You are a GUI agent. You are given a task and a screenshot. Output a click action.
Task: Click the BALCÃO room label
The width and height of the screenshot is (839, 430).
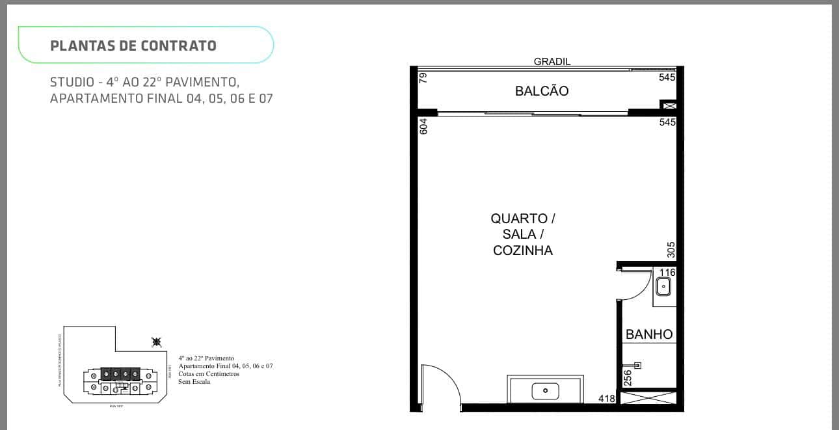541,91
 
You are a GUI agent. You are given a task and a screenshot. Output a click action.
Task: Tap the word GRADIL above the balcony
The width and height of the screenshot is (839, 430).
552,62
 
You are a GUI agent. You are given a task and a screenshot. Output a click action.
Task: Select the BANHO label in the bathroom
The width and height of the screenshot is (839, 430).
648,334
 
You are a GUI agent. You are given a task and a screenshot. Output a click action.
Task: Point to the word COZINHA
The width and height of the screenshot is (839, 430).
522,250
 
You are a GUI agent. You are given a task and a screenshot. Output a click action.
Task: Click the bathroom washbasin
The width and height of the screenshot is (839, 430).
664,286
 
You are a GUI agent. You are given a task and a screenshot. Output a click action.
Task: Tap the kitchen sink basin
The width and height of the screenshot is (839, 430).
545,391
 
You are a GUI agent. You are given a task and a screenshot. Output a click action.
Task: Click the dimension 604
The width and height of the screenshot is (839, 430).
423,126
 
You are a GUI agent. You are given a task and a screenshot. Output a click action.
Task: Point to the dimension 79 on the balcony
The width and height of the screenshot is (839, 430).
423,78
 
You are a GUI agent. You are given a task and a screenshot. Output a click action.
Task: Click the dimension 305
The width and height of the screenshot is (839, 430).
671,250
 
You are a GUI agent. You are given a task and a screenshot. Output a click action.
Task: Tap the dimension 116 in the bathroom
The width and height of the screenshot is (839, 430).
668,272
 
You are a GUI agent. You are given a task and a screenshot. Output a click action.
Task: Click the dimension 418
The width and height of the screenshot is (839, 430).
606,398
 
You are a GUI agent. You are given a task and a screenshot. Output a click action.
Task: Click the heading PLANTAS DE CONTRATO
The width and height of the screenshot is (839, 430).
133,46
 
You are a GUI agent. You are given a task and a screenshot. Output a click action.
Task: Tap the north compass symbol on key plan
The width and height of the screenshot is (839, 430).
156,341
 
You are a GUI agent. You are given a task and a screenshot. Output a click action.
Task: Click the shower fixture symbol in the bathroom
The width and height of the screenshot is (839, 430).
637,365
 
